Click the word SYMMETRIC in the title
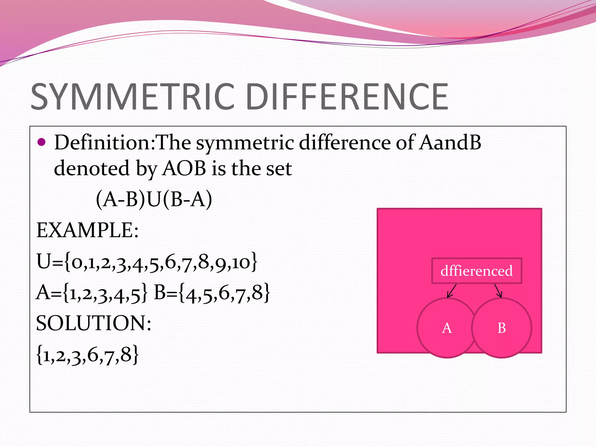pyautogui.click(x=132, y=97)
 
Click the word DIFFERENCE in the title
pyautogui.click(x=346, y=97)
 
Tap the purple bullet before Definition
pyautogui.click(x=42, y=142)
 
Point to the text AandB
pyautogui.click(x=450, y=143)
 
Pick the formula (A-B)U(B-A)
pyautogui.click(x=154, y=200)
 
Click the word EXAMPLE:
pyautogui.click(x=87, y=230)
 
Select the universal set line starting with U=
pyautogui.click(x=147, y=261)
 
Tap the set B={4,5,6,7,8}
pyautogui.click(x=212, y=292)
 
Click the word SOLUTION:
pyautogui.click(x=93, y=323)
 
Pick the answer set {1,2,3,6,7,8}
pyautogui.click(x=87, y=354)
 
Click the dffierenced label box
pyautogui.click(x=476, y=271)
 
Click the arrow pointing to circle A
pyautogui.click(x=452, y=291)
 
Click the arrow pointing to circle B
pyautogui.click(x=498, y=291)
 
